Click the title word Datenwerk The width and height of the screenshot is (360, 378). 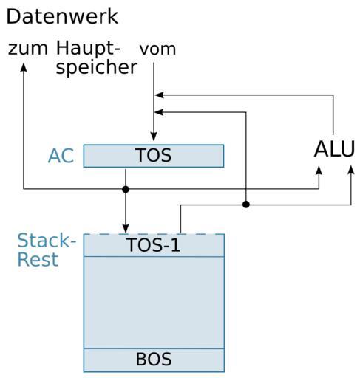click(x=62, y=16)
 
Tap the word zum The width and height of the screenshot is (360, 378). click(x=28, y=49)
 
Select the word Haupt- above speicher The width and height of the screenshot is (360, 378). click(x=88, y=49)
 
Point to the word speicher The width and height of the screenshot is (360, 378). click(x=96, y=68)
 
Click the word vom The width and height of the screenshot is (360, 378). click(x=157, y=49)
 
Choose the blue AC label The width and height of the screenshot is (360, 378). click(x=61, y=156)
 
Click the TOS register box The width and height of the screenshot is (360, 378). click(x=154, y=156)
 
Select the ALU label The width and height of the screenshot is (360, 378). click(x=334, y=149)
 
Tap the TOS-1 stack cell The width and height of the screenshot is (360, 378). click(x=154, y=245)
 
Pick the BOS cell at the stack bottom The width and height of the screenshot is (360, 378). click(x=154, y=360)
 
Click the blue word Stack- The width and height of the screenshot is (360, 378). click(x=47, y=241)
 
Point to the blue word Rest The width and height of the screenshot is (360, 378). click(x=38, y=259)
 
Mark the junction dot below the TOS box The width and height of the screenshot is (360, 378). click(x=126, y=189)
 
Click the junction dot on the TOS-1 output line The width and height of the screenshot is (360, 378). click(x=246, y=205)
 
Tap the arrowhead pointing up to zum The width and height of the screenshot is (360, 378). click(x=24, y=68)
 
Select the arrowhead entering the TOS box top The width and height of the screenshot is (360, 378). click(x=154, y=137)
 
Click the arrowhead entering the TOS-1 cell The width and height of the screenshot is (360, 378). click(x=126, y=229)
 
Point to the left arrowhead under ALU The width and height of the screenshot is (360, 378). click(x=319, y=171)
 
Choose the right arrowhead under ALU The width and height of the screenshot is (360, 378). click(x=351, y=171)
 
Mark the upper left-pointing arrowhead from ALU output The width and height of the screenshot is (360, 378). click(x=159, y=95)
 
